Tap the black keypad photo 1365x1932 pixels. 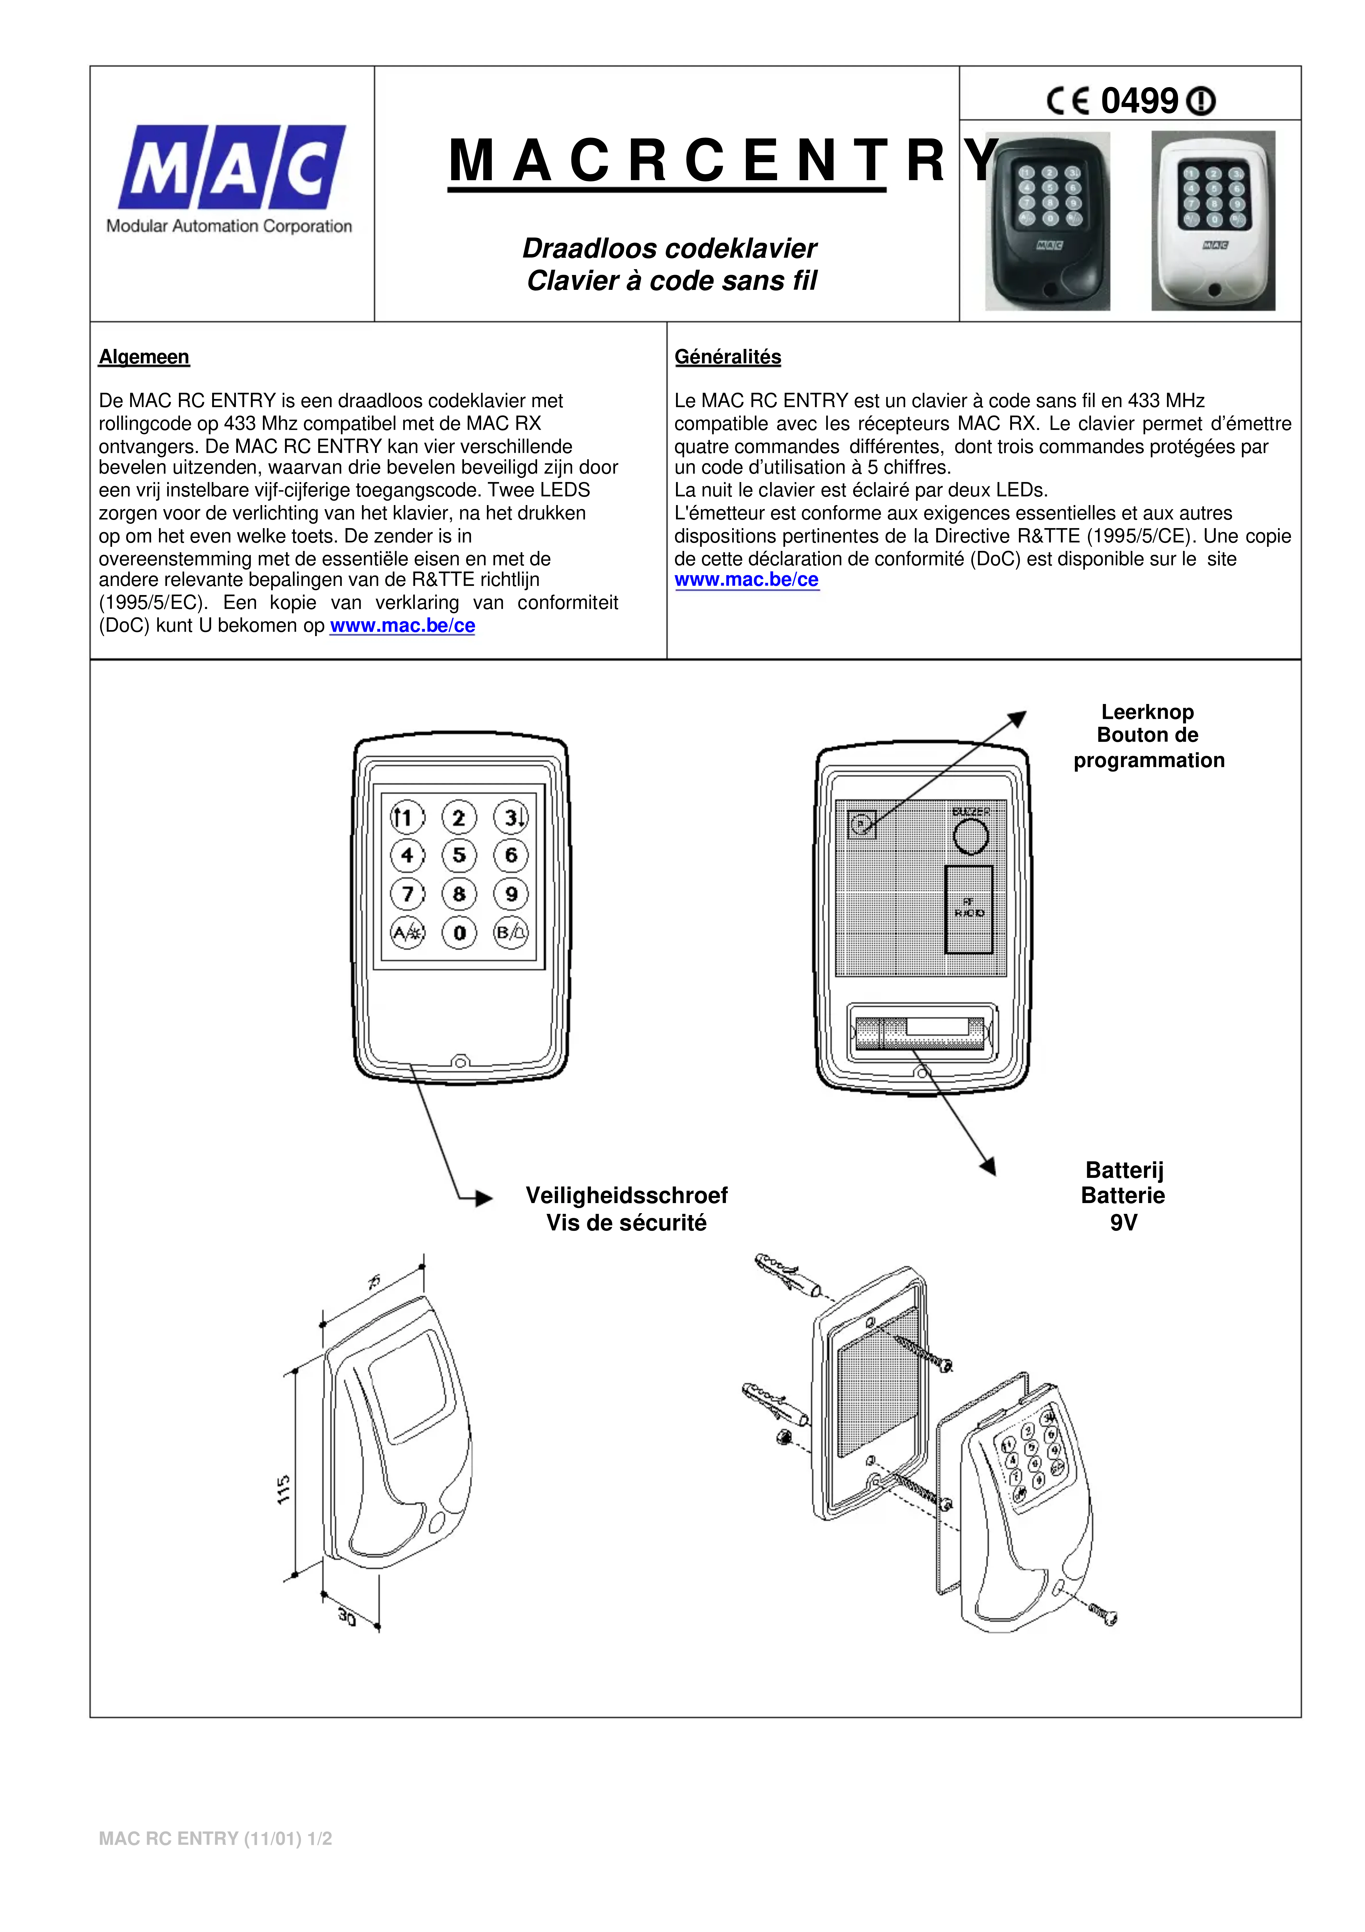click(x=1048, y=221)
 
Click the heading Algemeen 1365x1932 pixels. click(x=144, y=357)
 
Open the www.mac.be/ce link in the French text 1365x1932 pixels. click(x=747, y=580)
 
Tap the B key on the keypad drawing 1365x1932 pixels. click(x=511, y=932)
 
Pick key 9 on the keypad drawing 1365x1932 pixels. click(x=511, y=894)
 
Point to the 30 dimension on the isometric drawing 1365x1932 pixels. click(x=347, y=1616)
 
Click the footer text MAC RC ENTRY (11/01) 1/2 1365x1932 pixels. click(x=216, y=1839)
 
